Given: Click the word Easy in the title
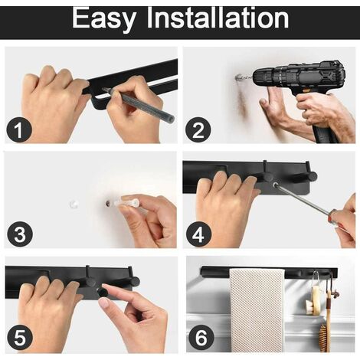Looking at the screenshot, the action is click(103, 18).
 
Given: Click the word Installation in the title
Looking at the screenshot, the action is click(218, 18).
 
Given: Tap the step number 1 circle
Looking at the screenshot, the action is click(19, 130).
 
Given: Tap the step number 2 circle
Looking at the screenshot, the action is click(198, 130).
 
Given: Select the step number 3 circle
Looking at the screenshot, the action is click(20, 234).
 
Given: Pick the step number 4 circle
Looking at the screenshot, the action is click(198, 234).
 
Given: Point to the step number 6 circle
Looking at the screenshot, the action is click(201, 337).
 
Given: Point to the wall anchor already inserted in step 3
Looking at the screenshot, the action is click(74, 204).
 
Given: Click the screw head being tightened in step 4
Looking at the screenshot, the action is click(276, 185).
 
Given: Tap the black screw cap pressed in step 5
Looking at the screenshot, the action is click(103, 291).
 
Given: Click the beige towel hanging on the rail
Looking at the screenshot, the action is click(257, 309).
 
